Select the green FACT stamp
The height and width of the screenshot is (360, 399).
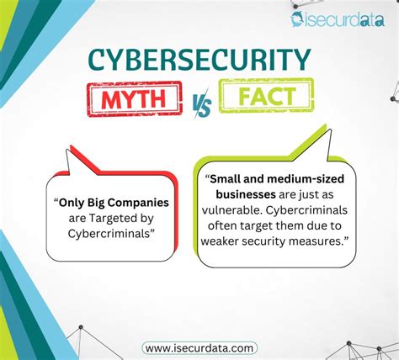265,94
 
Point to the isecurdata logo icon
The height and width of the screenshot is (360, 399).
300,19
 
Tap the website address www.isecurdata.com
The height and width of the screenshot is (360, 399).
199,347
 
